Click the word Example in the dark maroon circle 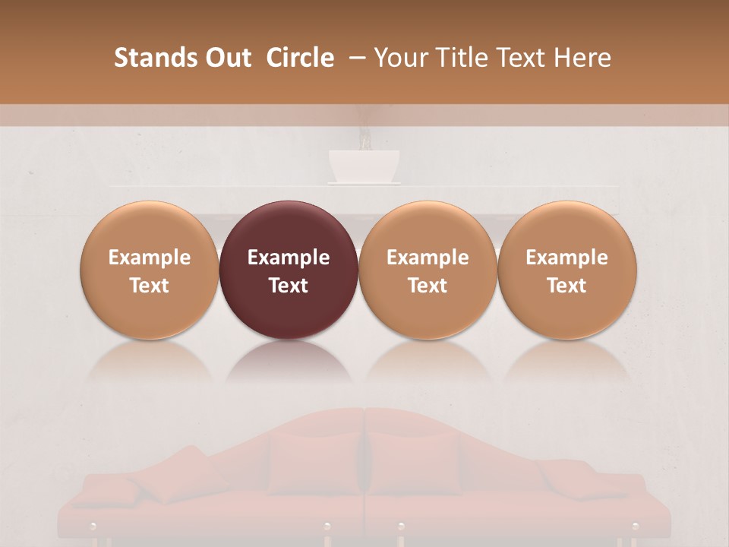tap(289, 258)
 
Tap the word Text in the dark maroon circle tap(289, 286)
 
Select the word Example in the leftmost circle tap(150, 258)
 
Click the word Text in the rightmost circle tap(566, 286)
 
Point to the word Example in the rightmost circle tap(566, 258)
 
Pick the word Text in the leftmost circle tap(150, 286)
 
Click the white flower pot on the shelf tap(364, 165)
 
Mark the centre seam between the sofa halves tap(364, 471)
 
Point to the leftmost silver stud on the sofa tap(93, 526)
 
